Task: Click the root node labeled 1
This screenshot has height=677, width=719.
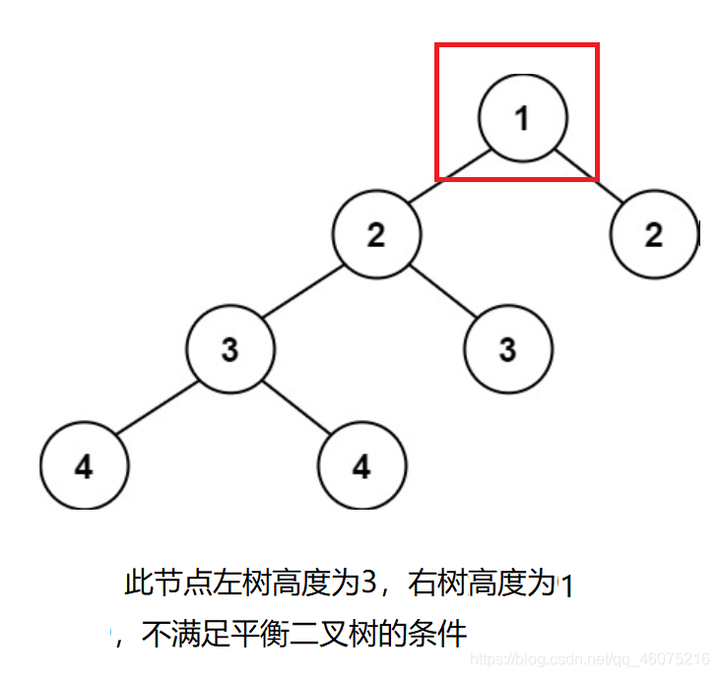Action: pos(522,118)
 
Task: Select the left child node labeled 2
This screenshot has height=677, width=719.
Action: pos(376,234)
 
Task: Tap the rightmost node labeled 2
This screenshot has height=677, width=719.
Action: pos(654,234)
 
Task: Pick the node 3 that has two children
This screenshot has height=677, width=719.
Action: pos(230,349)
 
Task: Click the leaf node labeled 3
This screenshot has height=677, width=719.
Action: pos(508,349)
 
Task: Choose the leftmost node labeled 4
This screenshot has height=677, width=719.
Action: pos(85,465)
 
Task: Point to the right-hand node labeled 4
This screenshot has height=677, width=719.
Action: pos(362,465)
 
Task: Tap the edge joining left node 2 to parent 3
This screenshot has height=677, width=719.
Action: pos(303,292)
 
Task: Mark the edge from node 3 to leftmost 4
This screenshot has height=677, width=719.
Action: pos(158,407)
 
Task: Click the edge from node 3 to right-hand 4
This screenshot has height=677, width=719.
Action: pos(296,407)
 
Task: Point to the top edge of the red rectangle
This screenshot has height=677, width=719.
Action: pos(518,44)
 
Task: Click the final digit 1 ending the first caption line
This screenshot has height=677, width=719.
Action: pos(566,587)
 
